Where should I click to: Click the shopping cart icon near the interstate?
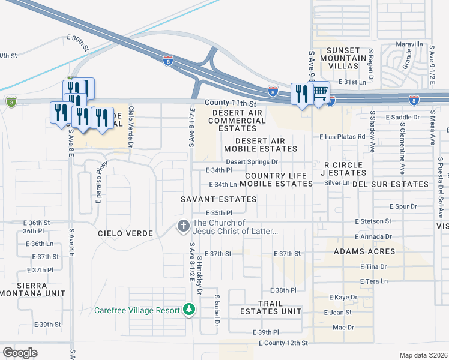(x=321, y=92)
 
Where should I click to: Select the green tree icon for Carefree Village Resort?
(x=189, y=310)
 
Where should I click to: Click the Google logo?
(x=20, y=353)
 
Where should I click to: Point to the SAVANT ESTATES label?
(x=219, y=199)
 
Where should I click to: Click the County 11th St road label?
(x=231, y=103)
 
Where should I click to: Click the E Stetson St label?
(x=373, y=221)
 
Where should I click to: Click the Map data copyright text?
(x=423, y=355)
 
